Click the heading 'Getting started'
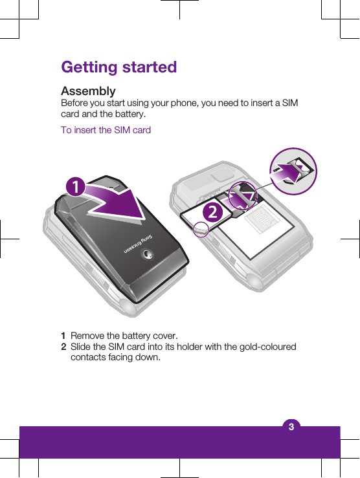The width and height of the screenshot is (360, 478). click(x=118, y=67)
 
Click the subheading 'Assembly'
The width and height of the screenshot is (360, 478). click(x=88, y=91)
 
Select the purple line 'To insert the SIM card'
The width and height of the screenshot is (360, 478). click(x=106, y=130)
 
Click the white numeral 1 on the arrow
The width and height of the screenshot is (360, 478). click(x=76, y=186)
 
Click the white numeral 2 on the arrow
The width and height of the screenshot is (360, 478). click(x=210, y=212)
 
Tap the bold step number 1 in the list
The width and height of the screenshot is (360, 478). click(x=63, y=336)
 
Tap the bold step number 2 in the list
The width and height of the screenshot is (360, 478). click(x=63, y=347)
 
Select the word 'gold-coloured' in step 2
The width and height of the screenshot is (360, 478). click(x=266, y=347)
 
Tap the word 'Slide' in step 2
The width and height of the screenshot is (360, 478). click(x=82, y=347)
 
